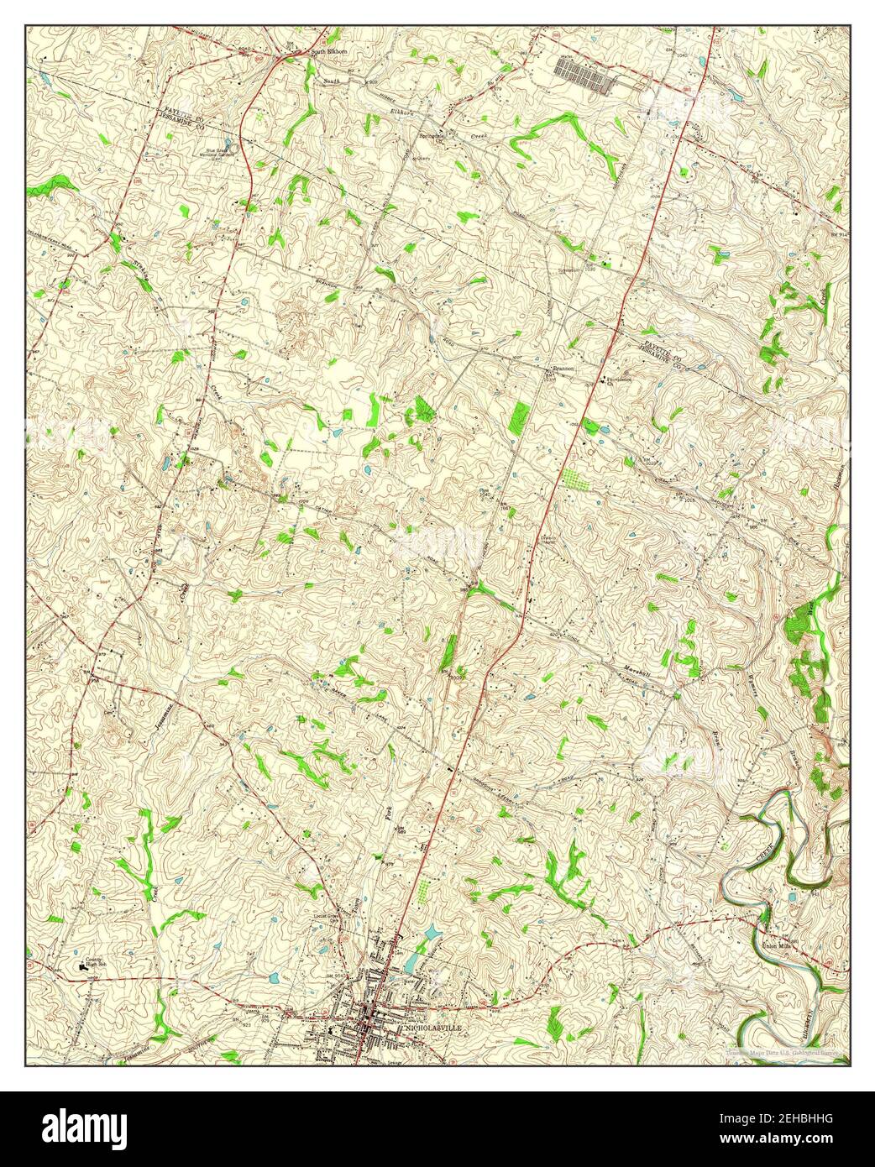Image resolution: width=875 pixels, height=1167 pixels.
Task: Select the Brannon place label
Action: (x=563, y=368)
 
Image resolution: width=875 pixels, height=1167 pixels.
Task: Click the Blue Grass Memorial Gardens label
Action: (x=216, y=154)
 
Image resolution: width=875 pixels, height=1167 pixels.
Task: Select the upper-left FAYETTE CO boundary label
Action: (x=176, y=110)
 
